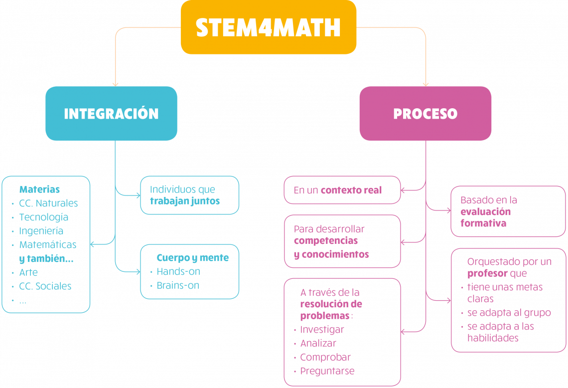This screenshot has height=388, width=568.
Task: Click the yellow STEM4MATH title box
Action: [x=268, y=27]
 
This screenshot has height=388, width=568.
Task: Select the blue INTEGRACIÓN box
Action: [x=111, y=113]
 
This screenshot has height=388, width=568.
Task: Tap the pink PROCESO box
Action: [x=425, y=113]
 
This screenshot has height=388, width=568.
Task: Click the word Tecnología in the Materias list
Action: [x=44, y=217]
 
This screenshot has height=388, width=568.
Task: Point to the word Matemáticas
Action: [x=48, y=245]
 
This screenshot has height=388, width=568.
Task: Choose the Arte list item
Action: [x=28, y=272]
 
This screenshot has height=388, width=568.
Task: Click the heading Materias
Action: [x=39, y=190]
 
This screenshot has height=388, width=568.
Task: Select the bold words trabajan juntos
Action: [x=185, y=201]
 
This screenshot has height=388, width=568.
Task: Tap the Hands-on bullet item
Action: [x=178, y=272]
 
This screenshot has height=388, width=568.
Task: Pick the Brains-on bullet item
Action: [x=178, y=286]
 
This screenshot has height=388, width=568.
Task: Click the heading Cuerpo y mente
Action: [x=192, y=258]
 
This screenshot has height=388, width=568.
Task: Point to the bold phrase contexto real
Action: [x=351, y=190]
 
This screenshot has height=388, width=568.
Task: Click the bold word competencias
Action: [x=326, y=241]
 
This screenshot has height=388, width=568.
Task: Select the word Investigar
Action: [x=322, y=330]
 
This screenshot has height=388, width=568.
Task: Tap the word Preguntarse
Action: [x=327, y=371]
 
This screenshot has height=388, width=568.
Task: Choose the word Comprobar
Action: [x=325, y=357]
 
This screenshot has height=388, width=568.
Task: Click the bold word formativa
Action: [x=483, y=223]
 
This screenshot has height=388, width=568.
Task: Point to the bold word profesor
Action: [x=487, y=273]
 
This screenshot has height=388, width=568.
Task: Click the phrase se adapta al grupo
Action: [x=509, y=313]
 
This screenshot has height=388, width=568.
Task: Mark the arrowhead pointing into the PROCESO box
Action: [x=426, y=84]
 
